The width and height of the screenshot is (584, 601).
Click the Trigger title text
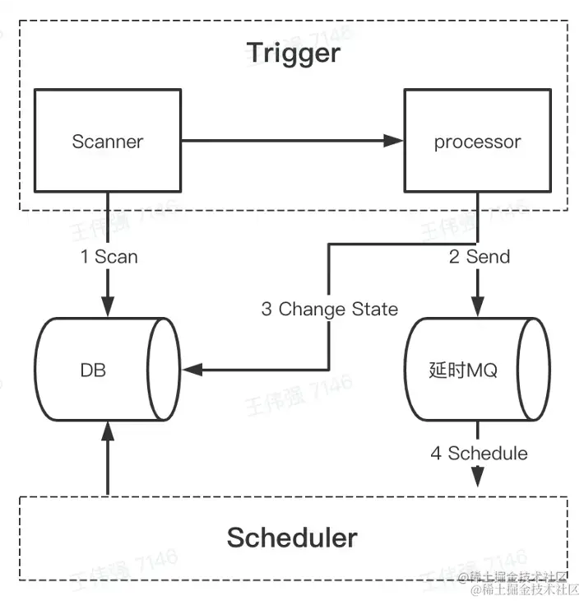[294, 53]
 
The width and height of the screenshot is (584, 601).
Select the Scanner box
[108, 140]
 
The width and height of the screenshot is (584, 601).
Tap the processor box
[478, 140]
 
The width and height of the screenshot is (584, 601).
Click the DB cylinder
[108, 369]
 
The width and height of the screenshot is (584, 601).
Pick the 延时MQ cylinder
[478, 369]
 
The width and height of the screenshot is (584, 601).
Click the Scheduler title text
[292, 538]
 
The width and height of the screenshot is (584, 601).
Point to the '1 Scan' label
[109, 256]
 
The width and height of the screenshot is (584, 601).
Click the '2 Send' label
[480, 256]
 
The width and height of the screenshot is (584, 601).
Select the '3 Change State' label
[330, 309]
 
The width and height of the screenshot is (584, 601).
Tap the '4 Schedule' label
[479, 453]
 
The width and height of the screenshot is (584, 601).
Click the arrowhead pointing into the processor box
[394, 141]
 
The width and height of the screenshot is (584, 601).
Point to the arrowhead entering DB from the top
[108, 306]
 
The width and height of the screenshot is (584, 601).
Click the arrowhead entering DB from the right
[192, 370]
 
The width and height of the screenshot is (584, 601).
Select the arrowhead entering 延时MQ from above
[478, 306]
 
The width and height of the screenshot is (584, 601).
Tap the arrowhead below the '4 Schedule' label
[478, 477]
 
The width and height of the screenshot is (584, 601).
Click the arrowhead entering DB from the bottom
[108, 432]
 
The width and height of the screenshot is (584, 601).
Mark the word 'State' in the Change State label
[375, 309]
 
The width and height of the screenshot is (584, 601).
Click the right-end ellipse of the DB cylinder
[164, 369]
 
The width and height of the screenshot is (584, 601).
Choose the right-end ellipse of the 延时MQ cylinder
[534, 369]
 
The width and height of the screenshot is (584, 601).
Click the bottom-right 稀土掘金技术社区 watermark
[525, 589]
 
